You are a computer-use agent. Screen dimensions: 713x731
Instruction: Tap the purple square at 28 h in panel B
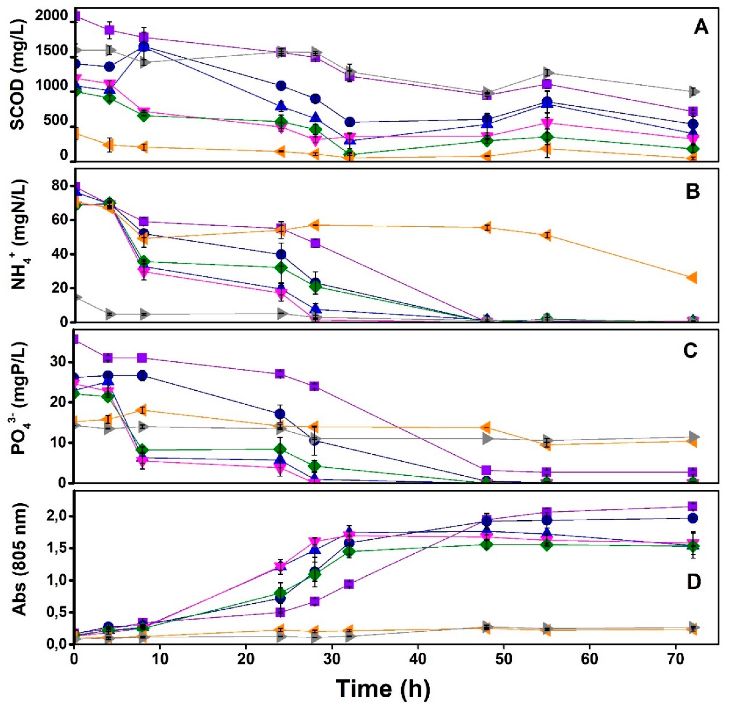point(315,243)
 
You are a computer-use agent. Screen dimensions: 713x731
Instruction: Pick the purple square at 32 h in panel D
point(349,584)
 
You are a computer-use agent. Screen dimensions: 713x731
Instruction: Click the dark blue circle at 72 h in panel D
point(693,518)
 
